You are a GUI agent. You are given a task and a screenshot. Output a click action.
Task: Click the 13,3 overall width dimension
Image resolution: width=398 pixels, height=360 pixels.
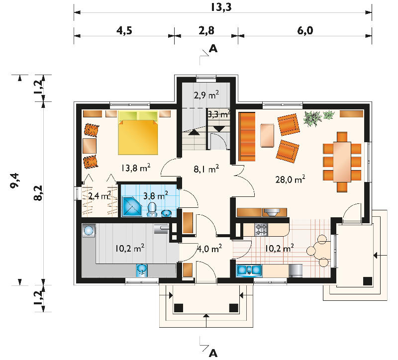point(221,7)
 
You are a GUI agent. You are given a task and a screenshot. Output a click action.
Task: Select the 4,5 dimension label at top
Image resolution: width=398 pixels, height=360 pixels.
point(124,30)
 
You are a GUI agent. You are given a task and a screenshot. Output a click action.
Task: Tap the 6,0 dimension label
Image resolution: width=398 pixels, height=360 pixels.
point(305,30)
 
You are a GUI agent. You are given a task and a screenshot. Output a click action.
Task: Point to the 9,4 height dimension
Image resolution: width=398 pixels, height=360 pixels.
point(14,180)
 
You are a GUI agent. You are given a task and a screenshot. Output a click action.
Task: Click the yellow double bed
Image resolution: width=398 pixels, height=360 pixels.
point(138,133)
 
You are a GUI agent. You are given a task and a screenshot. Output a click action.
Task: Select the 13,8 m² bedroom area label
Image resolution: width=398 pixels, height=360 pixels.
point(135,168)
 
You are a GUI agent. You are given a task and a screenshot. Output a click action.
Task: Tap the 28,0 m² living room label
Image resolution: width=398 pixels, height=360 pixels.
point(290,180)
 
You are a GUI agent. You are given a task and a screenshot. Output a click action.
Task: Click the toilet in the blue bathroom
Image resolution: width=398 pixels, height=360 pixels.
point(152,209)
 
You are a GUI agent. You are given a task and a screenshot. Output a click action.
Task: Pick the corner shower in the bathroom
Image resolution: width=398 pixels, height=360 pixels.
point(132,207)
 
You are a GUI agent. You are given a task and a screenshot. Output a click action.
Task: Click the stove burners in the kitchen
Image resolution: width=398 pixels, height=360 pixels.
point(261,230)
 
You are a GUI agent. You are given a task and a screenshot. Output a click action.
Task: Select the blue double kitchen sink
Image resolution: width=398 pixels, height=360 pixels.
point(249,270)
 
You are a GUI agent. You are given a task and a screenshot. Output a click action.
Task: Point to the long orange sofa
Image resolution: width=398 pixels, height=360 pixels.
point(247,136)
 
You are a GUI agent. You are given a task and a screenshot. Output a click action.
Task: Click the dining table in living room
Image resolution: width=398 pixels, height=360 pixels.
point(342,162)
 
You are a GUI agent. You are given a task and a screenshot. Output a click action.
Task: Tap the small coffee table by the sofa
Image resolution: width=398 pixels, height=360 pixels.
point(267,135)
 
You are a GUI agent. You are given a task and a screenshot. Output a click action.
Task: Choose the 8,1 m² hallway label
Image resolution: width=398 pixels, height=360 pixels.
point(206,169)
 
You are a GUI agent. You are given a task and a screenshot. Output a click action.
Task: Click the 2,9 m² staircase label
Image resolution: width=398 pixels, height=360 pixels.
point(206,95)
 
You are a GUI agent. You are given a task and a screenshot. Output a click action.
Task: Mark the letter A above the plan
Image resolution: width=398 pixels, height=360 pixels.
point(213,48)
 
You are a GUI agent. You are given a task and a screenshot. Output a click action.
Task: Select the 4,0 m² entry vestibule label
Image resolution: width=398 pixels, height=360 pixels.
point(209,249)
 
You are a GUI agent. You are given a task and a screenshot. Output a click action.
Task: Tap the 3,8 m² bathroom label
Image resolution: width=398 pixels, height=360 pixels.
point(156,196)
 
